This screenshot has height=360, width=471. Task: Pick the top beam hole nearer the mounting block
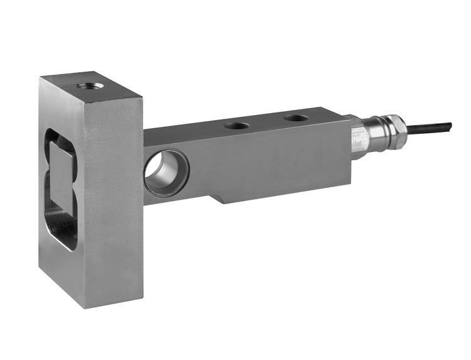pyautogui.click(x=237, y=125)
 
